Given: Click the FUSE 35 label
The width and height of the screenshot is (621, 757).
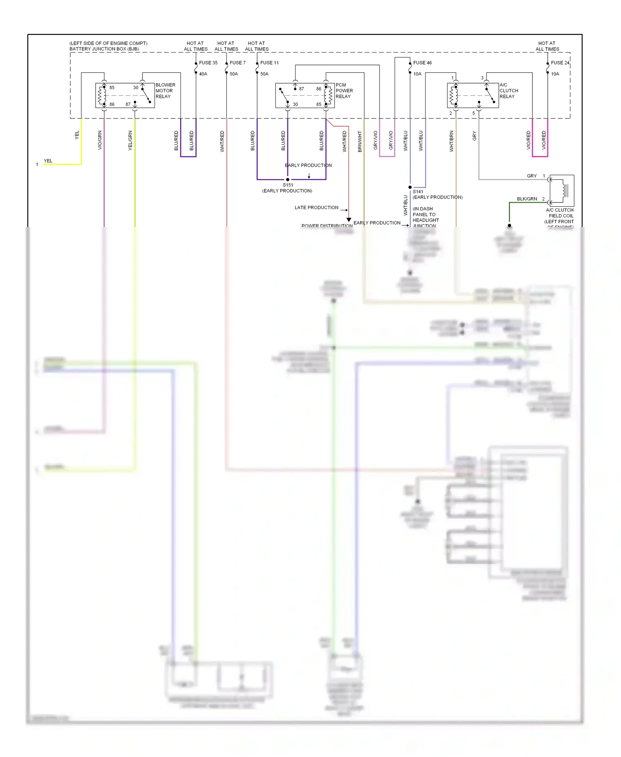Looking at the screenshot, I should click(x=208, y=63).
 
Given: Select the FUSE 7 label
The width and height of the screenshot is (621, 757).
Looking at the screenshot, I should click(x=237, y=63).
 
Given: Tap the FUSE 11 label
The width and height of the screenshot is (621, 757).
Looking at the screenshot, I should click(x=269, y=63).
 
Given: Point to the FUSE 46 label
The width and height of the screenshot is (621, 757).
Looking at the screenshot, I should click(x=422, y=63).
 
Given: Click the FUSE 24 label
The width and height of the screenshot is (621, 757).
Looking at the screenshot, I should click(x=560, y=63).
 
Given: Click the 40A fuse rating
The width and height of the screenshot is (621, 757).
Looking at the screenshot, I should click(x=203, y=74).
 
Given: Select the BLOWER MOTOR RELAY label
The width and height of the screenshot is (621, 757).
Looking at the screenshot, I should click(x=165, y=91).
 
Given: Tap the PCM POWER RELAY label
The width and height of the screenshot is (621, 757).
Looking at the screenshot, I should click(x=344, y=91).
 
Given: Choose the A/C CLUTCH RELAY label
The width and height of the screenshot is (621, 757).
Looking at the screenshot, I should click(x=508, y=91).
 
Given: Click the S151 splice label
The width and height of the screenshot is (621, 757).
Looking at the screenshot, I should click(x=288, y=185).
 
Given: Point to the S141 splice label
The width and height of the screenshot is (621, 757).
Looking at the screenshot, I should click(x=418, y=192).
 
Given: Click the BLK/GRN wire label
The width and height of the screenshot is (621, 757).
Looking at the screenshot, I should click(x=527, y=199).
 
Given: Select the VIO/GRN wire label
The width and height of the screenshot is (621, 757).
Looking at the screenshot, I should click(x=100, y=140).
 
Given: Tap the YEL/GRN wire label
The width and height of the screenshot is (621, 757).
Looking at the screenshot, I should click(x=130, y=140).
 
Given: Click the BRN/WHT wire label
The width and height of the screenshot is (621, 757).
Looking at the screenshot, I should click(x=360, y=141).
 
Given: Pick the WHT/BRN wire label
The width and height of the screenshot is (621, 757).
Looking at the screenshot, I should click(x=452, y=141).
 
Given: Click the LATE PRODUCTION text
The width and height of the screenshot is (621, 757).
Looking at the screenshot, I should click(x=316, y=208).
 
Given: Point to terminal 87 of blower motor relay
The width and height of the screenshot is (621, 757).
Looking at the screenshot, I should click(x=128, y=105).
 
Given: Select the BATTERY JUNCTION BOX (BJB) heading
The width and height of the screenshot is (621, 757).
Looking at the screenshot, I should click(x=104, y=49).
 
